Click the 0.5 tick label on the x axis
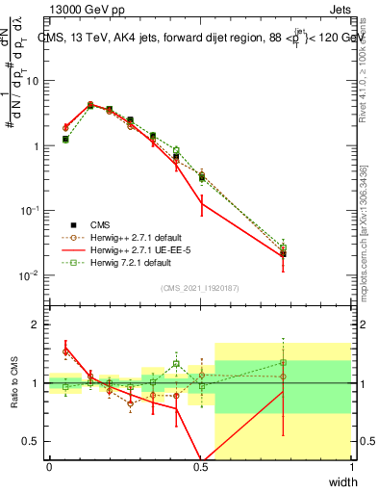[200, 467]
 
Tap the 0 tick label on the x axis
[49, 467]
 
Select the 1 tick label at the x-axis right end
[351, 467]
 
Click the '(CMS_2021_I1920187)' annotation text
[199, 287]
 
